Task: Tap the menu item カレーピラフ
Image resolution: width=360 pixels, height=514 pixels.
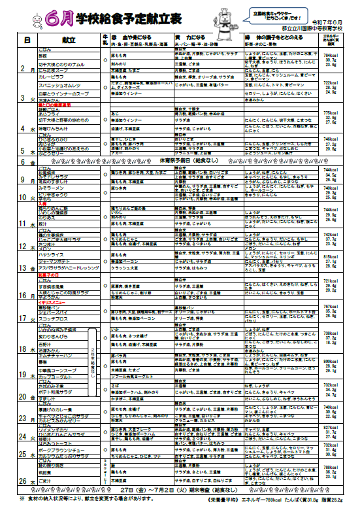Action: tap(55, 76)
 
